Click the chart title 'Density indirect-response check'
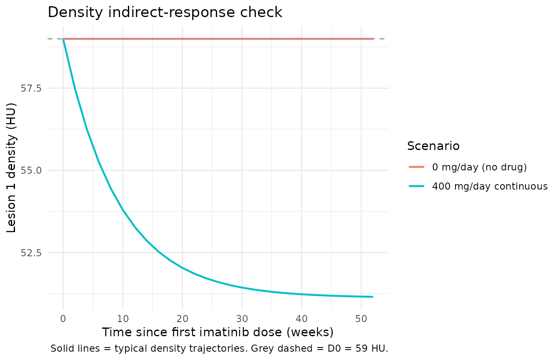(x=165, y=12)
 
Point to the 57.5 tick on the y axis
(x=31, y=88)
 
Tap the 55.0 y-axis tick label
(x=31, y=170)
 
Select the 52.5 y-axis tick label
(x=31, y=253)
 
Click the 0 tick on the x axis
(x=63, y=319)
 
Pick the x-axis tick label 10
(x=123, y=319)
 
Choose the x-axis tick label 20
(x=182, y=319)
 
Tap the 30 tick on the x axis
(x=242, y=319)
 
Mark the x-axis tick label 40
(x=302, y=319)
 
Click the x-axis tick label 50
(x=361, y=319)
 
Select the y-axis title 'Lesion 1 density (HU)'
(x=11, y=168)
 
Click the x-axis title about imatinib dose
(x=218, y=332)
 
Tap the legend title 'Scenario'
(x=433, y=146)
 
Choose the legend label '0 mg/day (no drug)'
(x=479, y=167)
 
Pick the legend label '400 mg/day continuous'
(x=490, y=186)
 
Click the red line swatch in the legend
(x=417, y=167)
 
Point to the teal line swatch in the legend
(x=417, y=186)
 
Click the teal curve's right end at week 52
(x=373, y=297)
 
